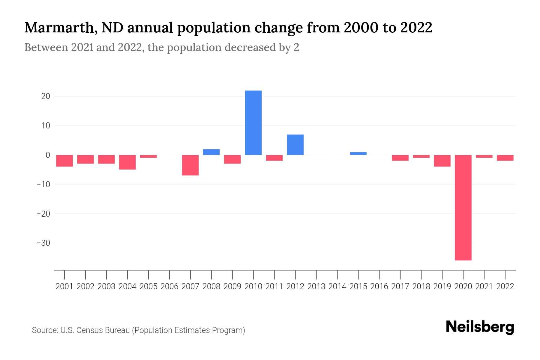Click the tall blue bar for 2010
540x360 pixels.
(253, 123)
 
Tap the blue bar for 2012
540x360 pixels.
(295, 145)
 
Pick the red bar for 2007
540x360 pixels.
(190, 165)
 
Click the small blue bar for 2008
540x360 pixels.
(211, 152)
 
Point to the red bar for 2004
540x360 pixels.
(127, 162)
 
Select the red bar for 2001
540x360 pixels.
(64, 161)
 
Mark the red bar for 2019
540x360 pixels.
(442, 161)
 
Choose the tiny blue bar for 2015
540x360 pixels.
(358, 154)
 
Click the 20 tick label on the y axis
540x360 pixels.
(46, 96)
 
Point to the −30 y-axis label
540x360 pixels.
(43, 243)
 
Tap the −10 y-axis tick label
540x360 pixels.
(43, 184)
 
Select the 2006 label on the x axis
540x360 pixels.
(169, 286)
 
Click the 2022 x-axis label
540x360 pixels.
(505, 286)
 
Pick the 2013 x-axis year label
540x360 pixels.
(316, 286)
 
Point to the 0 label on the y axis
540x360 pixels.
(48, 155)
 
